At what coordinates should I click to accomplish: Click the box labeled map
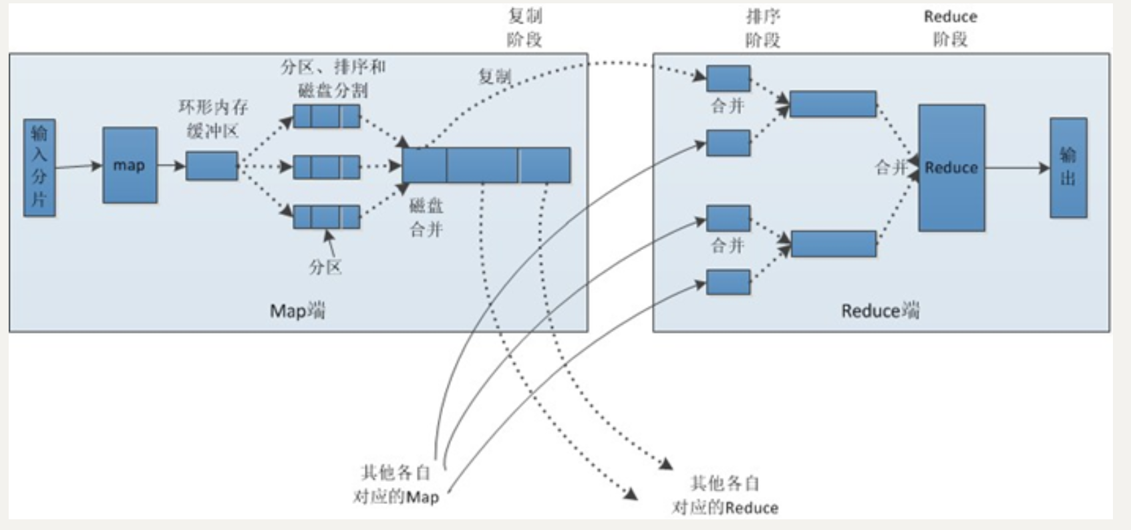pyautogui.click(x=130, y=165)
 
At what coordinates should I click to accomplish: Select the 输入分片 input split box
pyautogui.click(x=39, y=167)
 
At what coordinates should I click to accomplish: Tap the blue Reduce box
pyautogui.click(x=951, y=168)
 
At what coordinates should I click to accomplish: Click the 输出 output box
pyautogui.click(x=1068, y=168)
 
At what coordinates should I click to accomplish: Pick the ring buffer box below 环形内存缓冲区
pyautogui.click(x=212, y=166)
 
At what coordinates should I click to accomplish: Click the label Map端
pyautogui.click(x=297, y=311)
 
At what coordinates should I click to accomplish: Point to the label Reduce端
pyautogui.click(x=880, y=311)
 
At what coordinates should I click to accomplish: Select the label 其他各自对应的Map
pyautogui.click(x=395, y=485)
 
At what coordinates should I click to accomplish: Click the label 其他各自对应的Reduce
pyautogui.click(x=725, y=495)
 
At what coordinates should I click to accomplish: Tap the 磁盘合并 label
pyautogui.click(x=426, y=218)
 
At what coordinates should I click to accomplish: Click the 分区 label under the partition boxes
pyautogui.click(x=325, y=267)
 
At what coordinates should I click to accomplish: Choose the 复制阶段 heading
pyautogui.click(x=524, y=27)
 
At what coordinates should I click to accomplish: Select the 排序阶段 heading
pyautogui.click(x=763, y=28)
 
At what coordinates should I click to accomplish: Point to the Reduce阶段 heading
pyautogui.click(x=950, y=28)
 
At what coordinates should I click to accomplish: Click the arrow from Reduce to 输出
pyautogui.click(x=1017, y=168)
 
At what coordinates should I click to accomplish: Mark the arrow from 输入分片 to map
pyautogui.click(x=79, y=166)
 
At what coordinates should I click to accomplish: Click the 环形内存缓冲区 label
pyautogui.click(x=213, y=119)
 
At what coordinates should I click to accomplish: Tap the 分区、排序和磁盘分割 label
pyautogui.click(x=333, y=78)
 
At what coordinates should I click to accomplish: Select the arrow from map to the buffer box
pyautogui.click(x=171, y=165)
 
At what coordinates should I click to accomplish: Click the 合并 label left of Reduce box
pyautogui.click(x=891, y=167)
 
